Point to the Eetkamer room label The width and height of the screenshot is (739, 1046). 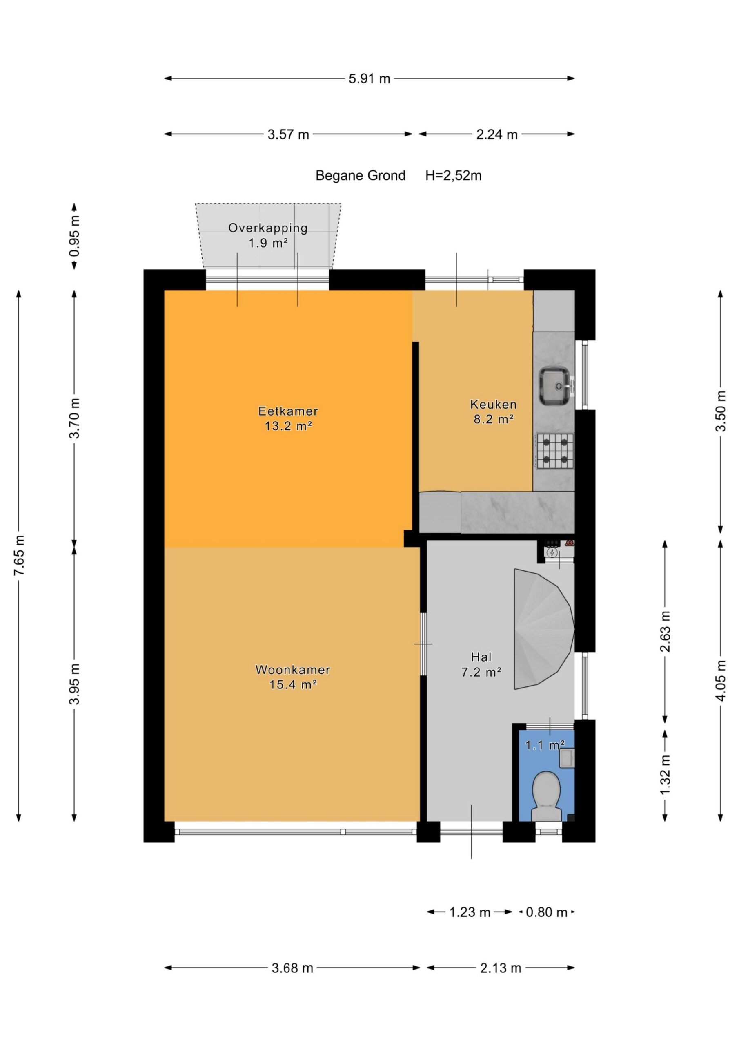tap(288, 411)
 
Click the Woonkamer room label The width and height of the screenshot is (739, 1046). tap(293, 670)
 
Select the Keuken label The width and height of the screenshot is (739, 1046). tap(493, 404)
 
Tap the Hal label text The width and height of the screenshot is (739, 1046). tap(481, 657)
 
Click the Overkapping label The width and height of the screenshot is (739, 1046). tap(268, 228)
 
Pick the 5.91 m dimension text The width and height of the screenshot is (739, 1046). tap(369, 79)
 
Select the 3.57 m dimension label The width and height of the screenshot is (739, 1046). tap(288, 134)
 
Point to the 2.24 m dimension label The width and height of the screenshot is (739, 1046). tap(497, 134)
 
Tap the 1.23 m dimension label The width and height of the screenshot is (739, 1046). tap(470, 912)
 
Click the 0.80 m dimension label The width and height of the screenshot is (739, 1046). tap(546, 912)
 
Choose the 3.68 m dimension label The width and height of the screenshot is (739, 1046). tap(292, 968)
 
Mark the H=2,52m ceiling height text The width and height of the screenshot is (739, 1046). tap(454, 176)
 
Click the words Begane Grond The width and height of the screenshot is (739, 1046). tap(361, 176)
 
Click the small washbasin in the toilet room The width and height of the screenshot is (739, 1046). tap(567, 758)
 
